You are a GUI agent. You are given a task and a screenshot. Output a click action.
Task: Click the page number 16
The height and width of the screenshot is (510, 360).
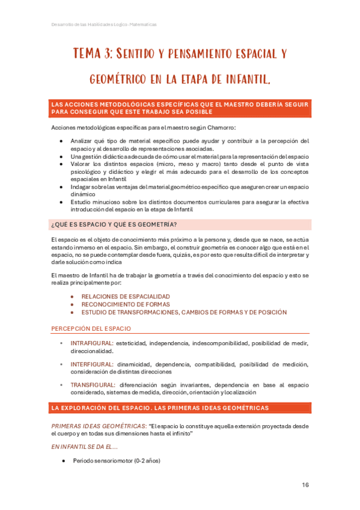tap(305, 485)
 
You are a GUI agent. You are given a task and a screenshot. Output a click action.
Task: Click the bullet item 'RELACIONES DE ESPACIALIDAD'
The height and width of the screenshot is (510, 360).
tap(126, 296)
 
